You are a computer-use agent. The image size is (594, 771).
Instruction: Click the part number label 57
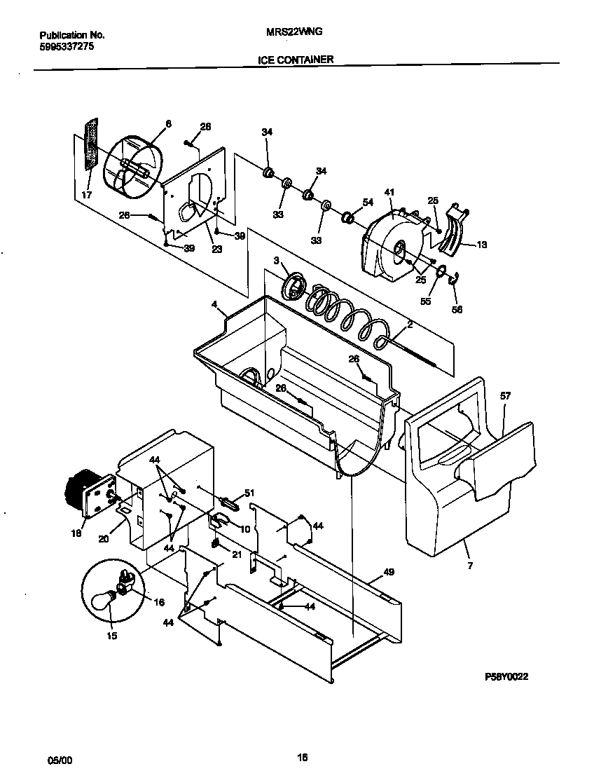(505, 396)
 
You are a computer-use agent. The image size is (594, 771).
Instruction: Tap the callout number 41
(389, 191)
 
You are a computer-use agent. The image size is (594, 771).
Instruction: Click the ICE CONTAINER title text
(295, 60)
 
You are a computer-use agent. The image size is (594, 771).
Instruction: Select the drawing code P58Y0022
(506, 677)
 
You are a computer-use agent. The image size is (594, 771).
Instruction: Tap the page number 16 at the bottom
(302, 757)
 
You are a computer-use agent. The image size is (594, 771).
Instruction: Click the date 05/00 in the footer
(59, 760)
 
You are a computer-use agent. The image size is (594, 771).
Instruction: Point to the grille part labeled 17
(89, 144)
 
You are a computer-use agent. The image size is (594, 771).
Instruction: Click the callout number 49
(389, 572)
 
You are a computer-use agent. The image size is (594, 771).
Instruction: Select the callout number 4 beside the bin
(214, 306)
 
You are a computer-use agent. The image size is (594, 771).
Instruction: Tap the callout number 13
(482, 245)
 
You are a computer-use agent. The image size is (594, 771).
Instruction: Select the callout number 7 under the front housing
(469, 564)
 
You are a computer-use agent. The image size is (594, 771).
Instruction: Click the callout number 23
(216, 248)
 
